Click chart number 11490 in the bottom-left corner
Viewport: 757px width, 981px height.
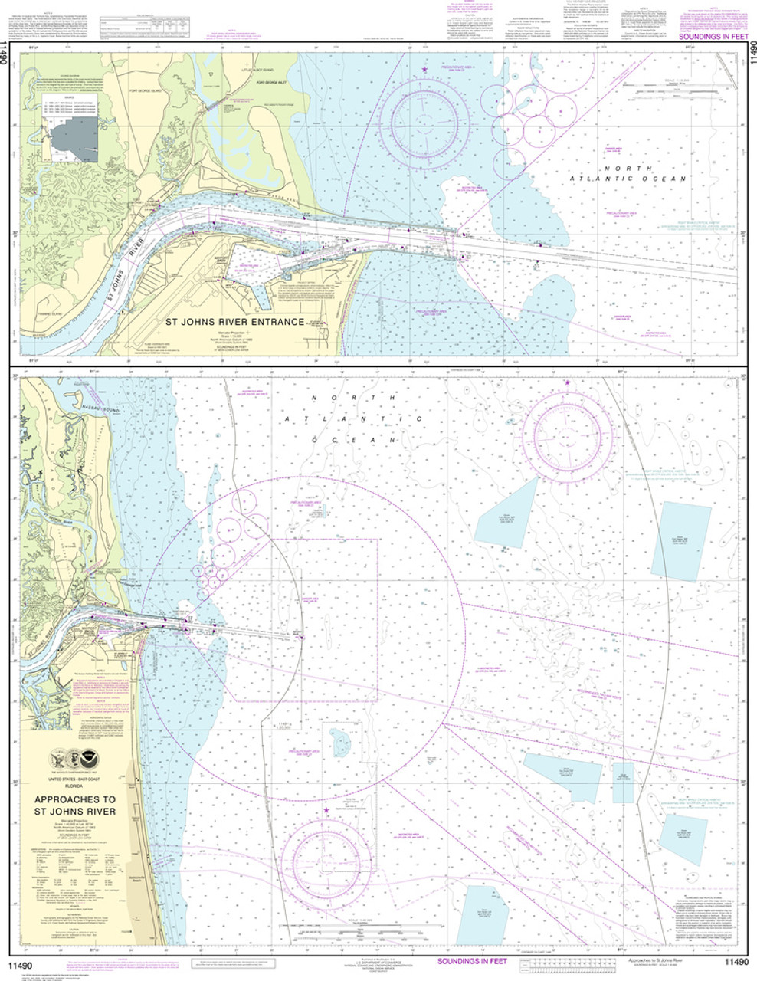point(21,962)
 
